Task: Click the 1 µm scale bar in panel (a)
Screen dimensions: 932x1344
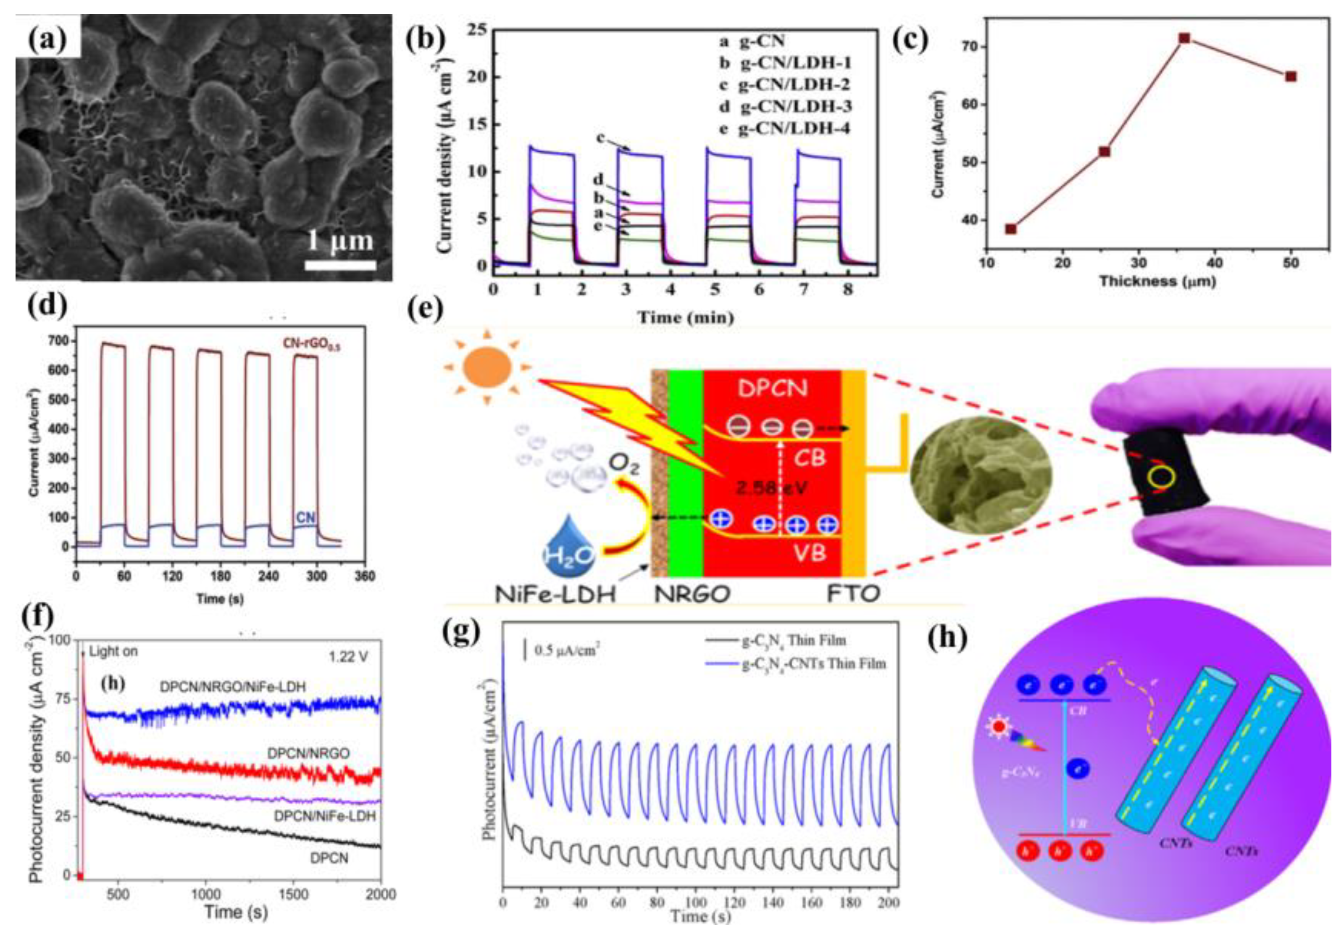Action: (340, 265)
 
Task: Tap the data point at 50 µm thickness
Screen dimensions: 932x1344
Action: (1291, 76)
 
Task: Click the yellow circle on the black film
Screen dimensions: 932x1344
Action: (1161, 477)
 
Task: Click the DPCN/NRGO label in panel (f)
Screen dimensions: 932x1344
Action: (308, 754)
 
